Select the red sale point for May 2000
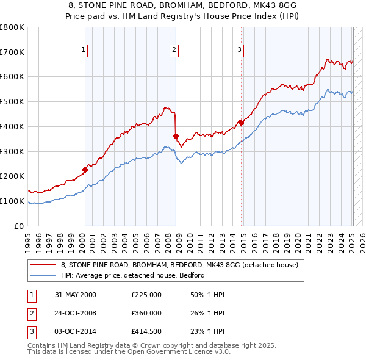tap(85, 170)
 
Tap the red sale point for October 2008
tap(176, 136)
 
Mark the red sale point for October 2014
tap(241, 123)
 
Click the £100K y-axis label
tap(12, 201)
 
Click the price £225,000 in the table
tap(146, 294)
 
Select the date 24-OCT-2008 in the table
tap(76, 313)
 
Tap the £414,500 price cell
tap(146, 331)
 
